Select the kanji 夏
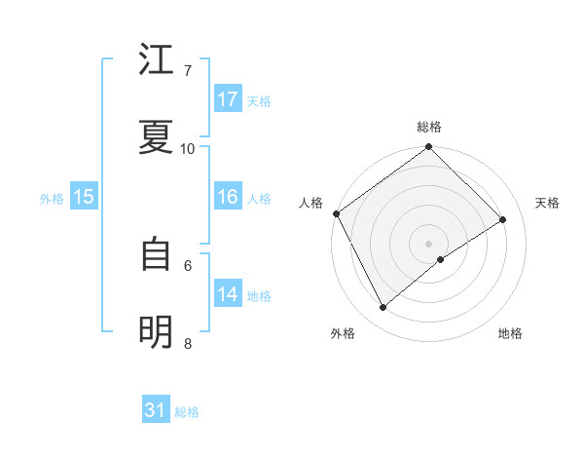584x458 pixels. (x=157, y=137)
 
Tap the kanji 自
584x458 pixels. (x=157, y=254)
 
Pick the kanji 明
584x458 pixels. (x=157, y=332)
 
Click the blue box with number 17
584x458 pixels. (x=228, y=99)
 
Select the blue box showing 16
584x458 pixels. (x=228, y=197)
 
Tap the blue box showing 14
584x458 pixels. (x=228, y=294)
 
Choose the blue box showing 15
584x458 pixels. (x=84, y=197)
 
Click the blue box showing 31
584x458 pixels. (x=156, y=411)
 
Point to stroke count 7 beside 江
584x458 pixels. (x=188, y=70)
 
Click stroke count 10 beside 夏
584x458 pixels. (x=188, y=148)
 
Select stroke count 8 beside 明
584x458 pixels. (x=188, y=343)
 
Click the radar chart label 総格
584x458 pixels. (x=429, y=127)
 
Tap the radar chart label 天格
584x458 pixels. (x=548, y=203)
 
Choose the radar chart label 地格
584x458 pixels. (x=510, y=333)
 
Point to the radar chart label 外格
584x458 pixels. (x=343, y=333)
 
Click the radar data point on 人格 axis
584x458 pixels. (x=336, y=213)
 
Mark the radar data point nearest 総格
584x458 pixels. (x=429, y=148)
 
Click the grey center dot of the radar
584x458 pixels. (x=429, y=243)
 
